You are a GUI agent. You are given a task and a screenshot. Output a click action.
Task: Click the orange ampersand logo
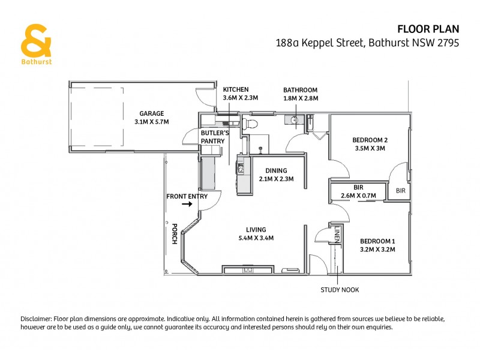[x=35, y=40]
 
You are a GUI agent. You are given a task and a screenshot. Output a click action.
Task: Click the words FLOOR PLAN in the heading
[x=428, y=28]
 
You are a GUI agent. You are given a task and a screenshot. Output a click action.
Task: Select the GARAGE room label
[x=151, y=113]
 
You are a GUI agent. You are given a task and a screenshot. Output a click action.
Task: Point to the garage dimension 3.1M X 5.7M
[x=151, y=122]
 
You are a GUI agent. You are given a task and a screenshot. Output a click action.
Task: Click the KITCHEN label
[x=235, y=89]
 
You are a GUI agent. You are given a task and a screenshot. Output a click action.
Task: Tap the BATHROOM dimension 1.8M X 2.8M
[x=300, y=98]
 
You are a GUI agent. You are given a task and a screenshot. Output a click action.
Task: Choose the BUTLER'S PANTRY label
[x=212, y=137]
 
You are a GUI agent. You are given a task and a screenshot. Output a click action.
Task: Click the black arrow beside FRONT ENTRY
[x=187, y=205]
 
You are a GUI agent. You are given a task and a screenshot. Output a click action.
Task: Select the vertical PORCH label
[x=175, y=233]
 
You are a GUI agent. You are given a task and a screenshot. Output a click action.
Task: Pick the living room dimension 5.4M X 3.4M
[x=256, y=238]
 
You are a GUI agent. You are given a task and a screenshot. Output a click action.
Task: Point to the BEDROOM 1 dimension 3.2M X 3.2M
[x=377, y=250]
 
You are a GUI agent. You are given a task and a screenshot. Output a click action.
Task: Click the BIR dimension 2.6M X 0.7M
[x=358, y=196]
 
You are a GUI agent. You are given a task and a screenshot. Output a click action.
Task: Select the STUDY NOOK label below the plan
[x=340, y=290]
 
